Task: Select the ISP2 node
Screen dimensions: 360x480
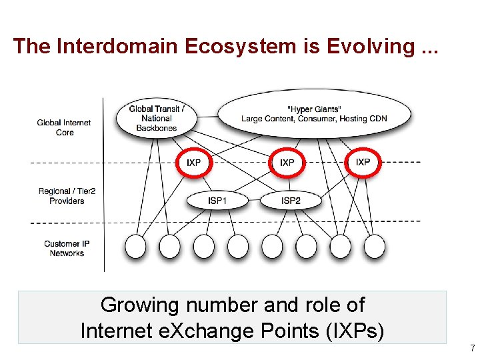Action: click(291, 199)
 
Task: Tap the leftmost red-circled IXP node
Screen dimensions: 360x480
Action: click(194, 163)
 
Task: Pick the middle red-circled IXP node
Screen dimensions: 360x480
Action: click(287, 163)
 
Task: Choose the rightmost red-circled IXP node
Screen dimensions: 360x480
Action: click(363, 162)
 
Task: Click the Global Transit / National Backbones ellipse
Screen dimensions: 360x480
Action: click(157, 118)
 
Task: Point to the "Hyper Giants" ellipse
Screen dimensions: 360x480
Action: click(314, 114)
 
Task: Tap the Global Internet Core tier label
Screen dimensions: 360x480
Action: click(64, 127)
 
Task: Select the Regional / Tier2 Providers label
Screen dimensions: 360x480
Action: click(67, 196)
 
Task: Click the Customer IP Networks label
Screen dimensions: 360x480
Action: click(67, 249)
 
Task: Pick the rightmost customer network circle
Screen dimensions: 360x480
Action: click(374, 247)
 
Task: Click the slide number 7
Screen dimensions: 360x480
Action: click(472, 348)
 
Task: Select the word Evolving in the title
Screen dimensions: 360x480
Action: click(373, 46)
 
